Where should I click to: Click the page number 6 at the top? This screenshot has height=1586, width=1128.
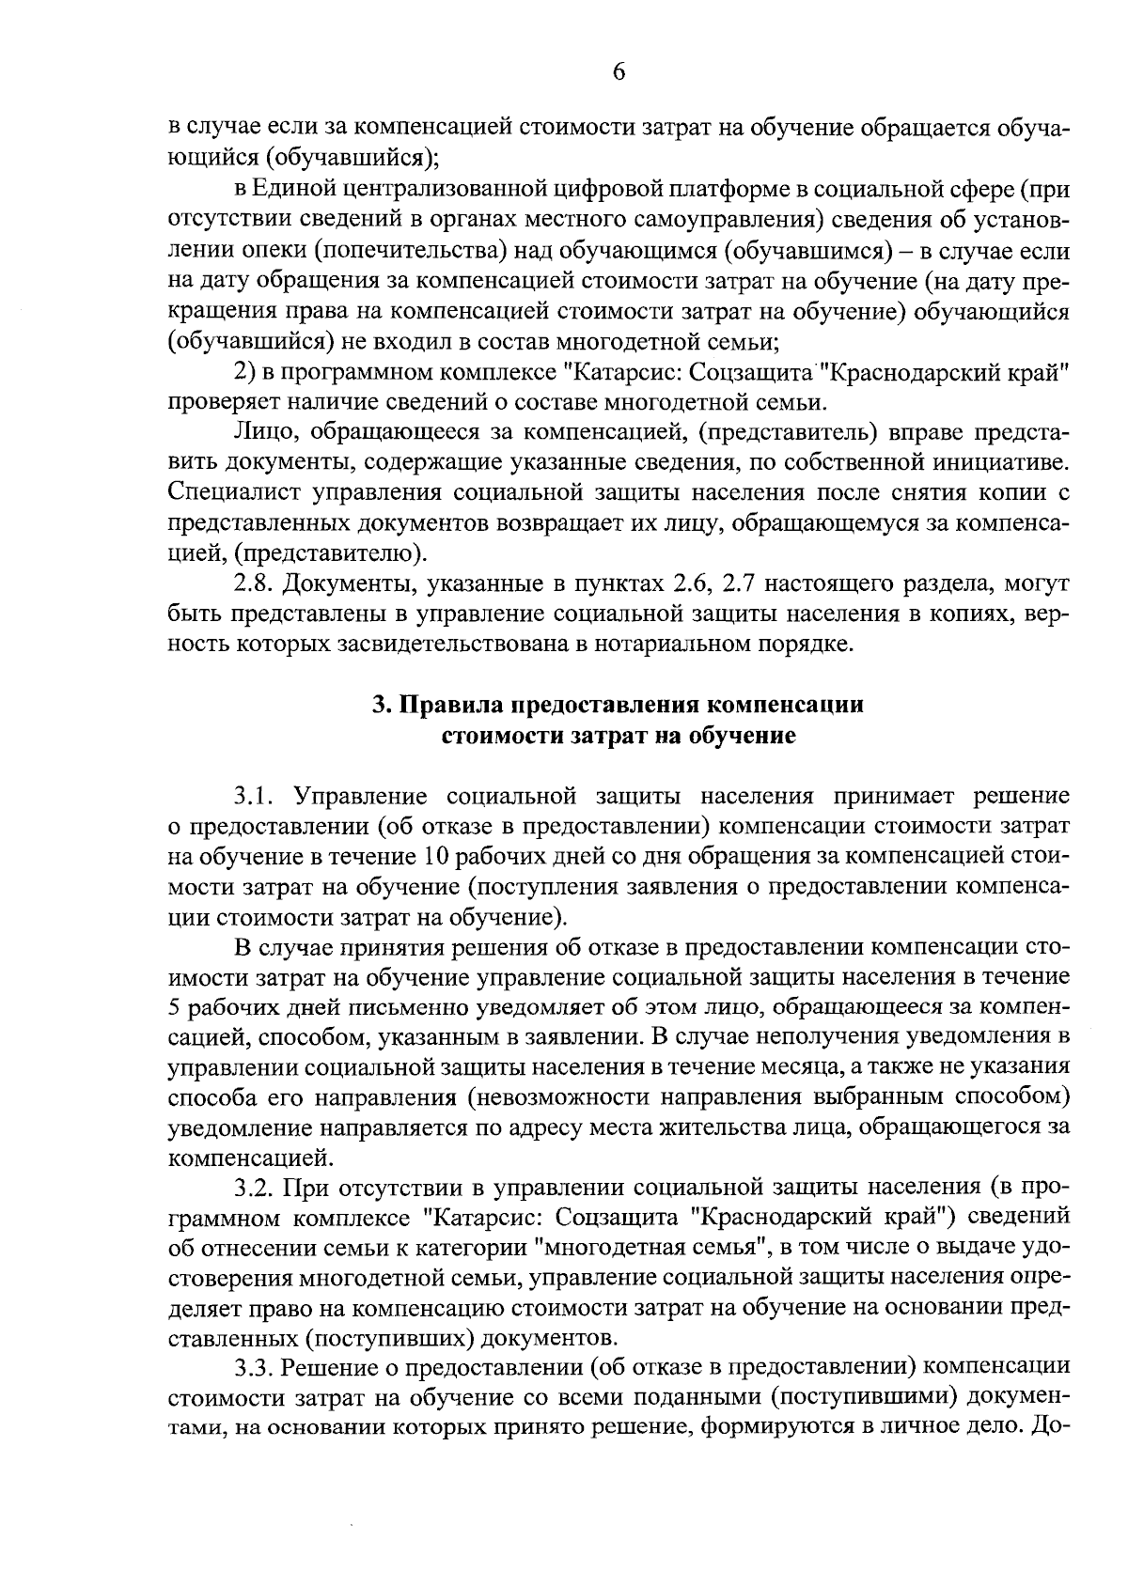click(619, 73)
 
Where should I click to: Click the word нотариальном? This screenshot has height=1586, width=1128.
click(680, 645)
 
